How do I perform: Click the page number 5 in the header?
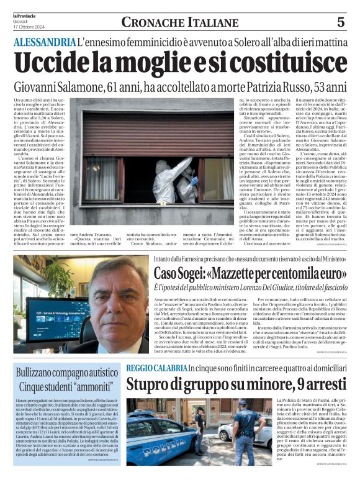(x=341, y=22)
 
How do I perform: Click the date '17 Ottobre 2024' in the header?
(x=28, y=25)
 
